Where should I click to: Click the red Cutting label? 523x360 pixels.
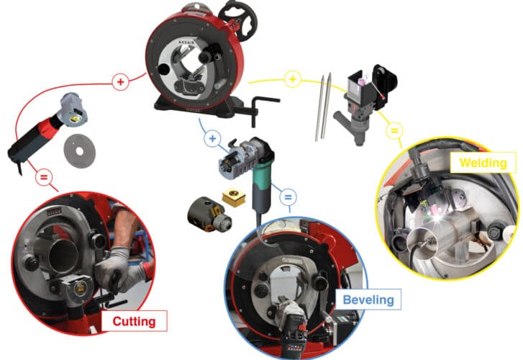pos(134,321)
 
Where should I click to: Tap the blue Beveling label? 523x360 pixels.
pos(368,300)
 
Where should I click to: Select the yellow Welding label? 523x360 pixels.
pos(483,163)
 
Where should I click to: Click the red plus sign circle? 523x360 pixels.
pos(120,82)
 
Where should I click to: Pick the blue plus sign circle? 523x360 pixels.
pos(212,138)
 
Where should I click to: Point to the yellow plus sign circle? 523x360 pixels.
pos(293,79)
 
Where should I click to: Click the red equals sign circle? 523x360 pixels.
pos(44,177)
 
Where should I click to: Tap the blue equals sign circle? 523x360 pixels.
pos(288,197)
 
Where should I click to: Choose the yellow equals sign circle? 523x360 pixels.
pos(394,130)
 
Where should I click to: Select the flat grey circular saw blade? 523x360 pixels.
pos(79,151)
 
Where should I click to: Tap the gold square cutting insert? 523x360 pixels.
pos(234,197)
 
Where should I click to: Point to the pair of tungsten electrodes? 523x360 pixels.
pos(323,107)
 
